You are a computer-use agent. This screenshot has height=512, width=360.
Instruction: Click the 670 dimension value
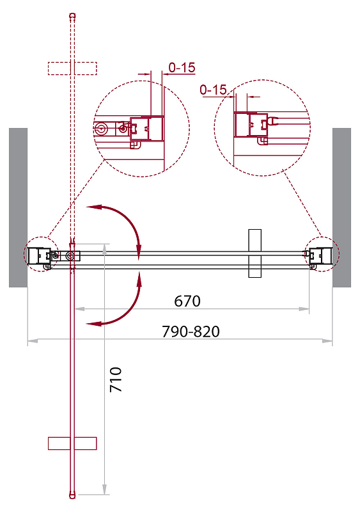point(187,301)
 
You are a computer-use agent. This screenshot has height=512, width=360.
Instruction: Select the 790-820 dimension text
point(191,332)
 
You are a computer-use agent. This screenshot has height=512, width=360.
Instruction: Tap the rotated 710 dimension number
point(116,380)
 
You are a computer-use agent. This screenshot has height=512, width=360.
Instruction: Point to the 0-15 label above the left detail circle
point(182,68)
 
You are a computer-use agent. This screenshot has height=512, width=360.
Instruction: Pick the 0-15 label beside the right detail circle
point(213,90)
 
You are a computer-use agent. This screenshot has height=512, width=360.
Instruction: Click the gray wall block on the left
point(18,207)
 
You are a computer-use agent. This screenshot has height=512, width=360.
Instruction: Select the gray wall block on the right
point(341,207)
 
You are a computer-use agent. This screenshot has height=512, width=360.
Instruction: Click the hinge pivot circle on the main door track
point(70,255)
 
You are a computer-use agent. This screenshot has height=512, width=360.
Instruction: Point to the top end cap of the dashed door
point(73,15)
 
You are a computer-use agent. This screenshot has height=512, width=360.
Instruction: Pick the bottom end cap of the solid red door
point(73,495)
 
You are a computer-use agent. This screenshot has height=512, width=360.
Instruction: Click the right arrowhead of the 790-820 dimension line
point(327,340)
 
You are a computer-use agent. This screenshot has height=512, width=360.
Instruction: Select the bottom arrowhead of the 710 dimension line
point(104,489)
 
